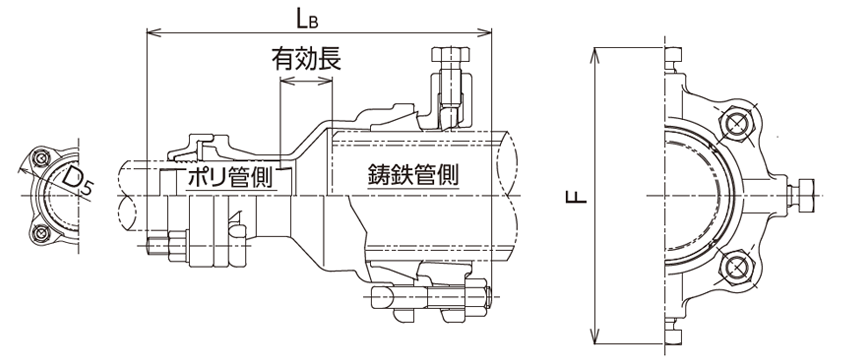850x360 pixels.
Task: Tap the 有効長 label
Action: (306, 59)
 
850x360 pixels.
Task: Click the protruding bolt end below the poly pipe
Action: (166, 243)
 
